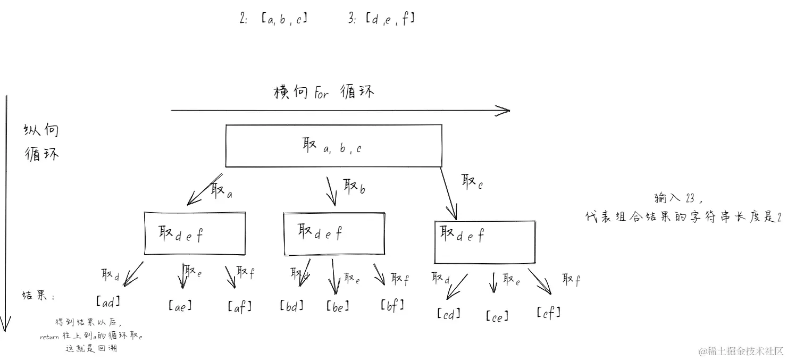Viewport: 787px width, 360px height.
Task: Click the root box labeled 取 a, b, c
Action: coord(333,146)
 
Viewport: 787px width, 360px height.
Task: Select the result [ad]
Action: coord(108,302)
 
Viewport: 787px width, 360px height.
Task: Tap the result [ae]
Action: coord(180,306)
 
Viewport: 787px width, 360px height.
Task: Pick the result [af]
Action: coord(239,306)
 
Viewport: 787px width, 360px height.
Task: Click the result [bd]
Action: coord(291,306)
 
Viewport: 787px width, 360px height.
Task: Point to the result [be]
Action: coord(338,306)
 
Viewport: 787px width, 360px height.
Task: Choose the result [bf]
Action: coord(392,305)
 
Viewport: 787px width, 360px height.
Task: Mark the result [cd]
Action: coord(448,314)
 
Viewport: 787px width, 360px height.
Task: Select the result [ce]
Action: coord(497,316)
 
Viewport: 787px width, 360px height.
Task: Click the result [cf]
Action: coord(548,313)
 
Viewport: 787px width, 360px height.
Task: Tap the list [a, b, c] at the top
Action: coord(284,20)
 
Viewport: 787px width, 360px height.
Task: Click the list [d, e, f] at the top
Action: coord(390,20)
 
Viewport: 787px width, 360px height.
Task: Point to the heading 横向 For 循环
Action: coord(324,92)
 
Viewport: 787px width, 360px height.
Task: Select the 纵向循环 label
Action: coord(41,143)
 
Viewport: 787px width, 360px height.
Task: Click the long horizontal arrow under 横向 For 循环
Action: coord(340,111)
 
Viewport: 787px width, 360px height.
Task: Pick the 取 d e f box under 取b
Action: coord(334,233)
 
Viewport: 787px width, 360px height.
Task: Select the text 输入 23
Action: coord(679,198)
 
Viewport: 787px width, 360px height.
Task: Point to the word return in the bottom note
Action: coord(49,337)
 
